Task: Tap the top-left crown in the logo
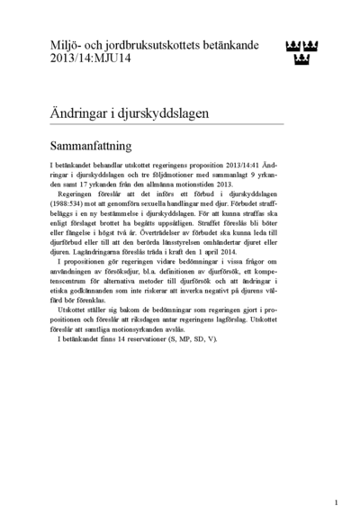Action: (x=290, y=46)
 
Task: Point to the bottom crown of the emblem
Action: (x=302, y=60)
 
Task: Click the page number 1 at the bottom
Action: (x=336, y=501)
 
